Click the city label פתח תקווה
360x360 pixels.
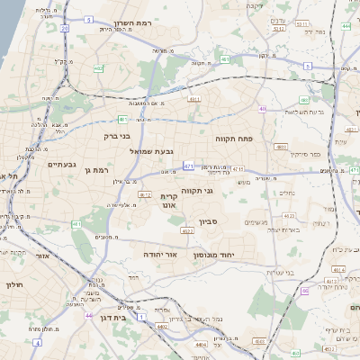click(237, 139)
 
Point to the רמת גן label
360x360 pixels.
click(94, 169)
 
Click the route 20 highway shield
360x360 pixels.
click(65, 29)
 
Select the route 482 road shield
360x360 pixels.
click(98, 67)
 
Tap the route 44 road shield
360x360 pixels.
click(88, 316)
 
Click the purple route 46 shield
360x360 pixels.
click(304, 291)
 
